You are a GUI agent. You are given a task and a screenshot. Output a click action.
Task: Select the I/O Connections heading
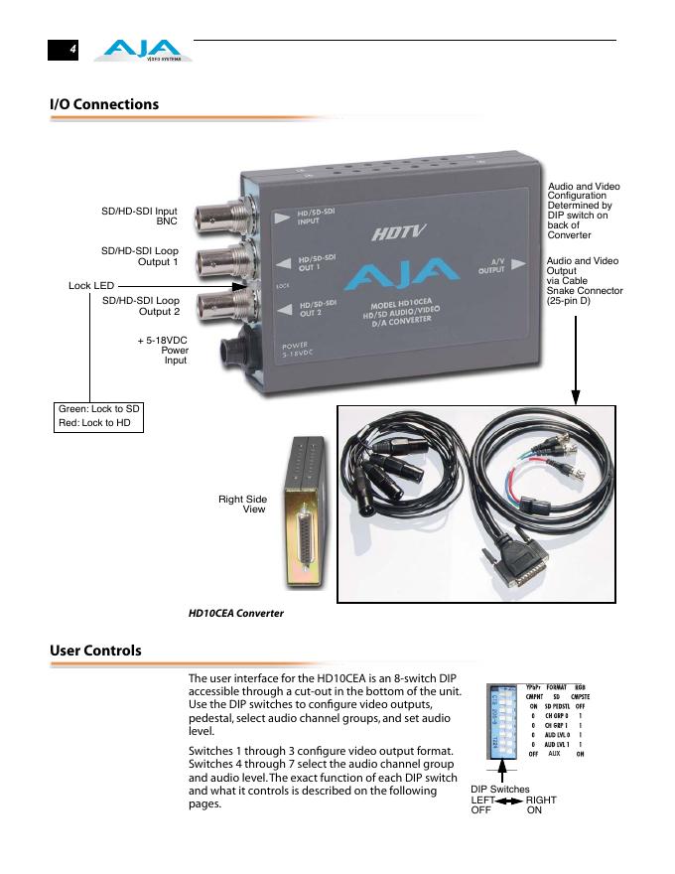click(x=103, y=104)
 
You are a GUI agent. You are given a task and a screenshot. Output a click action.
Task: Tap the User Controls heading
click(x=95, y=651)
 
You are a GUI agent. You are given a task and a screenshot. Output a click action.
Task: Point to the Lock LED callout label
click(x=91, y=286)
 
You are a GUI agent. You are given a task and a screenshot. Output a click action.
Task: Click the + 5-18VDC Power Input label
click(x=163, y=350)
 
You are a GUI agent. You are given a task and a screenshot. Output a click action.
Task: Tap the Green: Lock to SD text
click(x=99, y=409)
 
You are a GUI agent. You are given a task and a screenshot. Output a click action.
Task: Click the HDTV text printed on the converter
click(x=399, y=235)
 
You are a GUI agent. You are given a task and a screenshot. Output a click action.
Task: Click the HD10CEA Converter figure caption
click(x=236, y=613)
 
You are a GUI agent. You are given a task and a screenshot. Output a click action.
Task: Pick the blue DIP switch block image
click(x=503, y=720)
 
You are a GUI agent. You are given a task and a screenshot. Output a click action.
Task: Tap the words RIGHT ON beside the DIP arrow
click(x=541, y=804)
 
